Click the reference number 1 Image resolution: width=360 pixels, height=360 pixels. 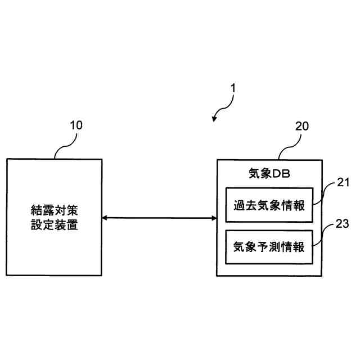(233, 88)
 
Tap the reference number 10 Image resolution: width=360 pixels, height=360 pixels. (76, 125)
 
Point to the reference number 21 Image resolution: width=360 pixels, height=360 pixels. (343, 182)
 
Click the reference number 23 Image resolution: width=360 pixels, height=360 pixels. (343, 224)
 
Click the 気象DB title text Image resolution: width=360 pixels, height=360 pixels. (269, 173)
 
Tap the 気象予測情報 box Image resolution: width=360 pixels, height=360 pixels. (269, 247)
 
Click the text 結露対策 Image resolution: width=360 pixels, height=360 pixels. (54, 211)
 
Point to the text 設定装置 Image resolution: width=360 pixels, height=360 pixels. (54, 226)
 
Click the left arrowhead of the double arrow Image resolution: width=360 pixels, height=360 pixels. (105, 218)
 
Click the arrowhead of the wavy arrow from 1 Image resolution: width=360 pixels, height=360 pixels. (215, 119)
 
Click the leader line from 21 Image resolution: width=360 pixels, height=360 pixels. (326, 193)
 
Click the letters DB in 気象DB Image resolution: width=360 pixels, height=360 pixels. (281, 173)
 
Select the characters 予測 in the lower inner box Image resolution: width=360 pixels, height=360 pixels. (269, 247)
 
